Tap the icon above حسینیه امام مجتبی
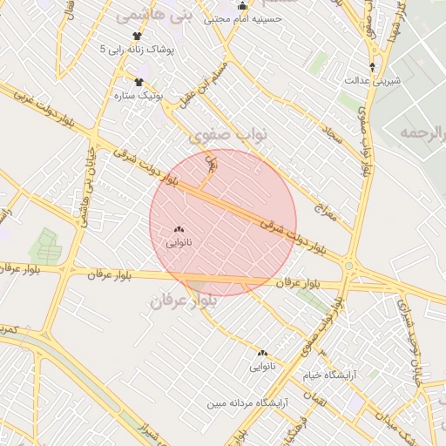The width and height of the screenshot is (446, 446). [243, 6]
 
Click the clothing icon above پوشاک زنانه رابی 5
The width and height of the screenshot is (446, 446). [137, 36]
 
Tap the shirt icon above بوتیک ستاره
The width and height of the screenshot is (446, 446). [139, 82]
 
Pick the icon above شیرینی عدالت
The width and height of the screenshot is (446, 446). [373, 67]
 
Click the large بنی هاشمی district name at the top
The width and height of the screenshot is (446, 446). [147, 16]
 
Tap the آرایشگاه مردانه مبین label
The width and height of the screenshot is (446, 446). [247, 403]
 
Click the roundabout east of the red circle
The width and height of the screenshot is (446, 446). [348, 266]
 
